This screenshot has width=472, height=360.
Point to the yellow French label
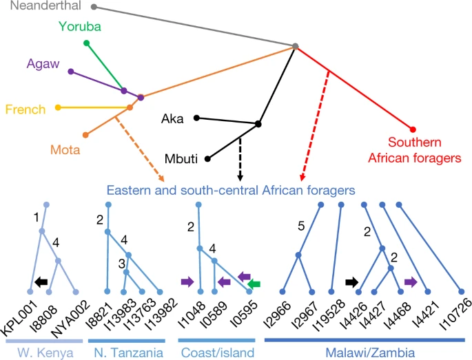[25, 109]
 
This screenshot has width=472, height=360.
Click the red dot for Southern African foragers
[413, 129]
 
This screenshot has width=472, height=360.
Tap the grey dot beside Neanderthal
[94, 8]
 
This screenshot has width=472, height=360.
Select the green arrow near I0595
[254, 284]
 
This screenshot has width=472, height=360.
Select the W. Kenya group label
[43, 352]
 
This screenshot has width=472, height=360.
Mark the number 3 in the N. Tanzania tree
[121, 264]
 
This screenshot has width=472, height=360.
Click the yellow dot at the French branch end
[58, 107]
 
